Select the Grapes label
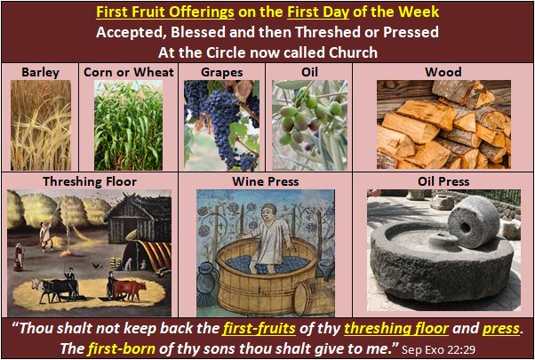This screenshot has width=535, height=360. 222,71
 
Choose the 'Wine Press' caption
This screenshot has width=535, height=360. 266,181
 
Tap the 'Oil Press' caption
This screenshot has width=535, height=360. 442,181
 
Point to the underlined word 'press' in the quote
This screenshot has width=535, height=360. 501,328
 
